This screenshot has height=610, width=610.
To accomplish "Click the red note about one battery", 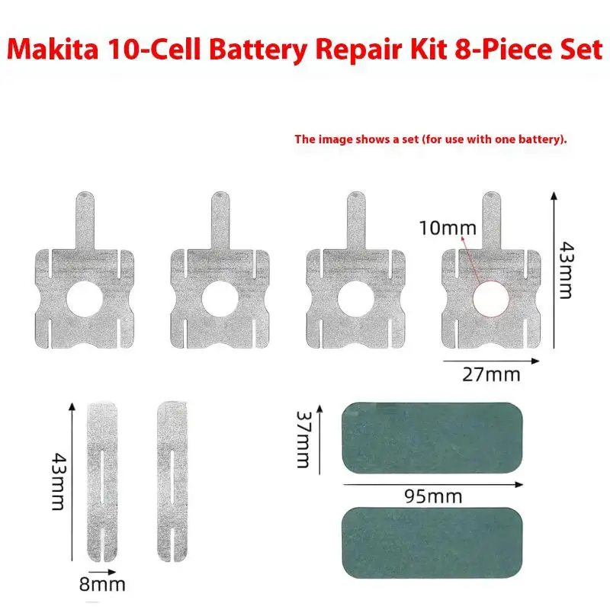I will (x=431, y=140).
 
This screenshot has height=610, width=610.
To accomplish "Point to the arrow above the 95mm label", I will (x=434, y=483).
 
